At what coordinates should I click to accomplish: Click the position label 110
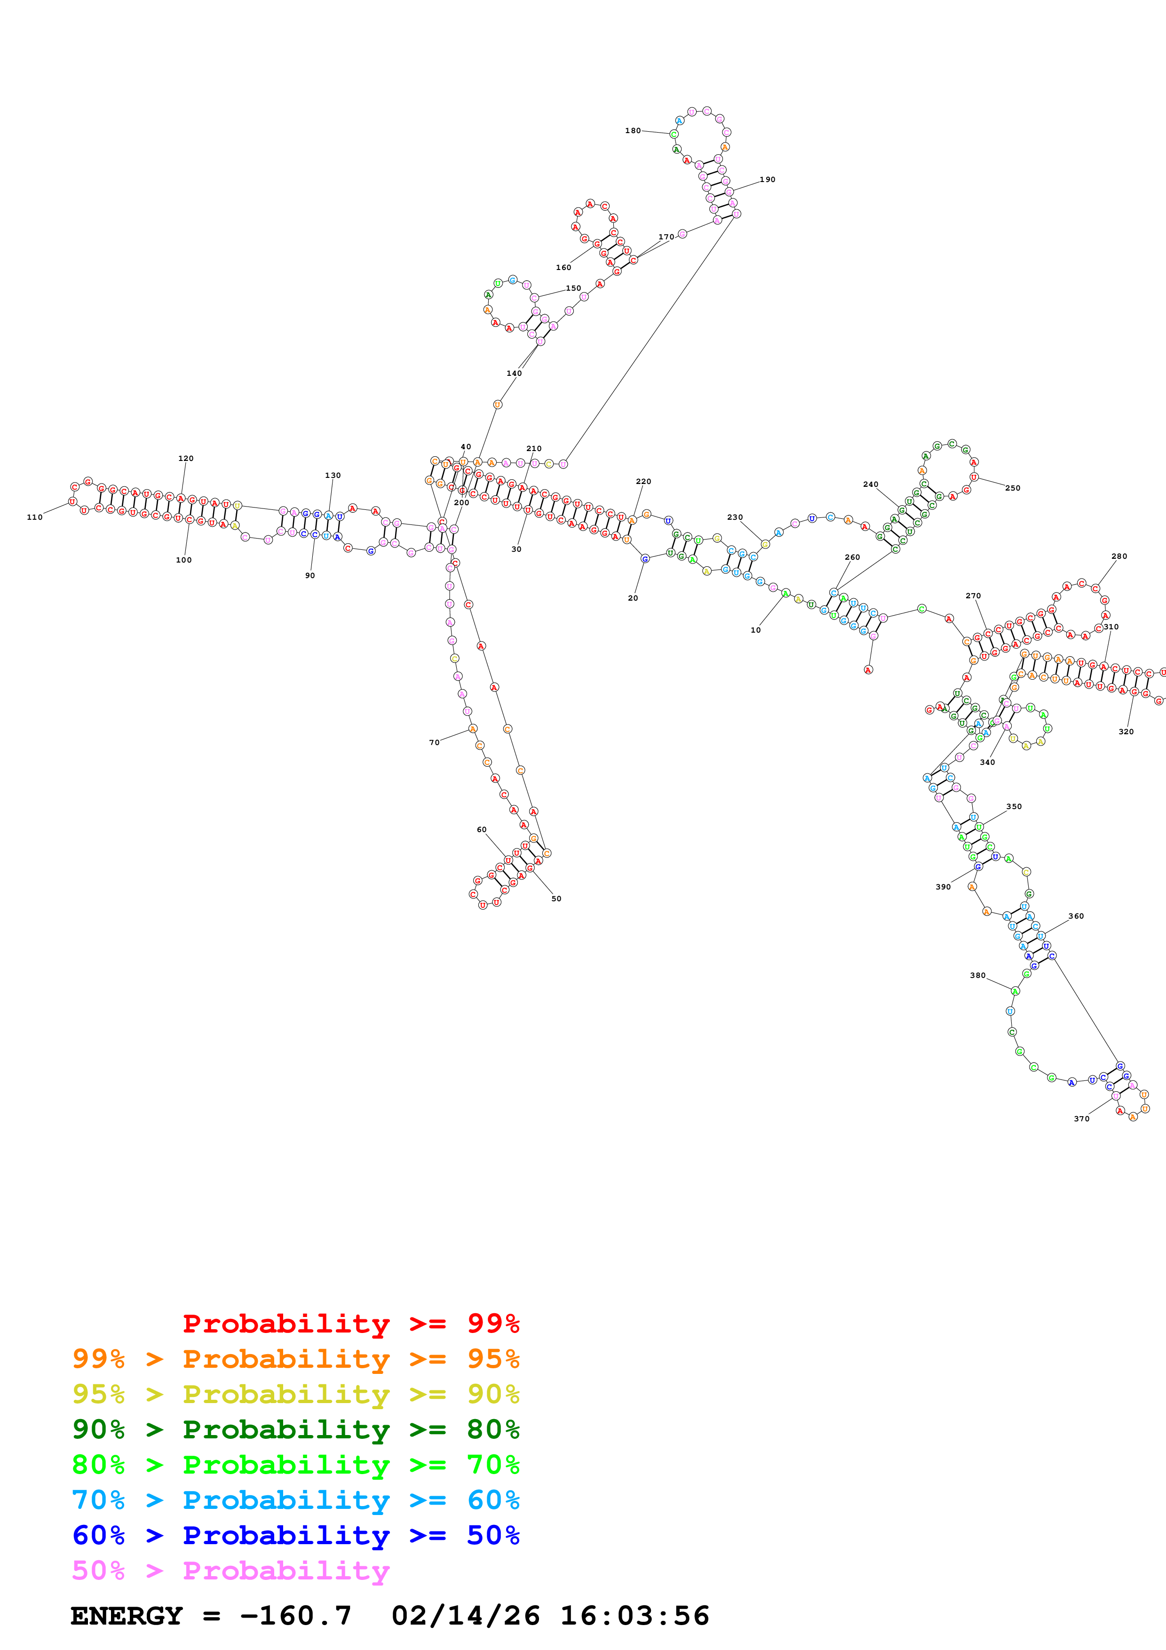34,517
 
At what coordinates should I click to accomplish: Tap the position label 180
632,131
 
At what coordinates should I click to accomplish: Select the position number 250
1012,488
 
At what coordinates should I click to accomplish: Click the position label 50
556,898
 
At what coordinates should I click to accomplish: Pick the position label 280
1118,556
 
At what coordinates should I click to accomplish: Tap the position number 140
514,373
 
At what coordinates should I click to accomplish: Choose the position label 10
755,630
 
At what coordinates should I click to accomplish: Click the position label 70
434,742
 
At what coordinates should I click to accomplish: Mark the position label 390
943,887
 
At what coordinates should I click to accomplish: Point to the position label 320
1126,731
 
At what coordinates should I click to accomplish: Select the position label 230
734,517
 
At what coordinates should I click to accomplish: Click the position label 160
563,267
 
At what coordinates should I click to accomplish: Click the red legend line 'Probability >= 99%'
350,1323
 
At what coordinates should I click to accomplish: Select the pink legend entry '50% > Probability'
230,1570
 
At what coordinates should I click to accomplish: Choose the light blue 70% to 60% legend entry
295,1500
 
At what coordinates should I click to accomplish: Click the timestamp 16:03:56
635,1616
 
